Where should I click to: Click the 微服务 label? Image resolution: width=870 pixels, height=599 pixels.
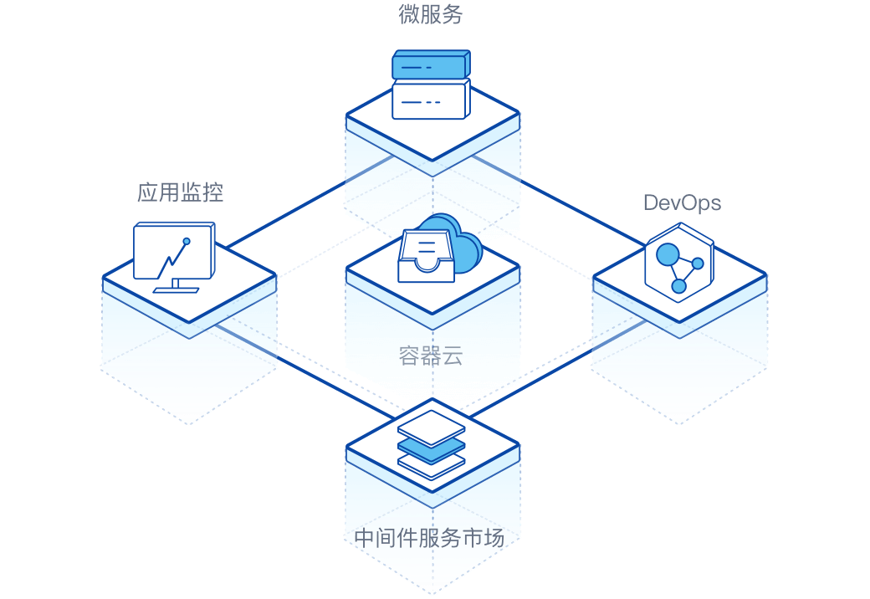click(x=431, y=14)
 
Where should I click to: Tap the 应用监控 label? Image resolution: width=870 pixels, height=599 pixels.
click(x=181, y=192)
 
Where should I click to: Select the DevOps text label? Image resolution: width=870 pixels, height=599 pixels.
click(x=682, y=203)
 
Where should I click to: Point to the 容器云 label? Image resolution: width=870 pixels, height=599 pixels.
click(x=431, y=356)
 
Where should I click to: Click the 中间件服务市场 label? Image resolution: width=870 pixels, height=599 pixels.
click(x=429, y=538)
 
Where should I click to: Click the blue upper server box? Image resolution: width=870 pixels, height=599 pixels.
click(x=431, y=65)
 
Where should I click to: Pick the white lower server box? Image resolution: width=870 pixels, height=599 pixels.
click(x=431, y=100)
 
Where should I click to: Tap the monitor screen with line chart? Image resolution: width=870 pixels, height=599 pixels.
click(x=174, y=251)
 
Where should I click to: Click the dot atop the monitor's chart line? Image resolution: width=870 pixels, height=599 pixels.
click(x=187, y=241)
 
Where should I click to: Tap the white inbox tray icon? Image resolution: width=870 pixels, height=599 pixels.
click(x=426, y=256)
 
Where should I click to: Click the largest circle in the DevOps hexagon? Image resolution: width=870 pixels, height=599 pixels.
click(x=668, y=254)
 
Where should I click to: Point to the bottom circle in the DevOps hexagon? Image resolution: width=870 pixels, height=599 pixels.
click(x=678, y=286)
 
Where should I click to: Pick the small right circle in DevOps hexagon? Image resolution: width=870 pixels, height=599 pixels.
click(x=698, y=264)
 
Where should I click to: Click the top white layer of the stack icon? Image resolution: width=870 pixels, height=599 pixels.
click(x=431, y=428)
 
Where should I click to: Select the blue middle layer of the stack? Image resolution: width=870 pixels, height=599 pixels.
click(x=431, y=449)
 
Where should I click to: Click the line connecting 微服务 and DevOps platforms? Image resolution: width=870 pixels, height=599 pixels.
click(x=559, y=201)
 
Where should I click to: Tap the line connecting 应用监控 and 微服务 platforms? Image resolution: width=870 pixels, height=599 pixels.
click(x=310, y=201)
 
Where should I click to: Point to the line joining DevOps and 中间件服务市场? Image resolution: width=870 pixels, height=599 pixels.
click(x=558, y=368)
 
